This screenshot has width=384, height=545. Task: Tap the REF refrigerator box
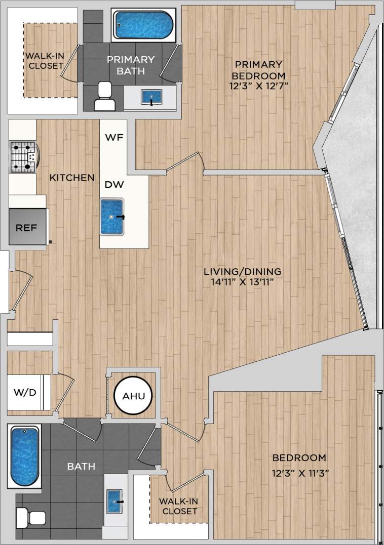coord(26,227)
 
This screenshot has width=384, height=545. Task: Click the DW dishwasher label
coord(112,185)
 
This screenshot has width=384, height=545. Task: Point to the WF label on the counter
coord(112,137)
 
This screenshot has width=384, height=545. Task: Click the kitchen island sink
coord(112,217)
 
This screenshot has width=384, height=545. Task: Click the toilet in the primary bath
coord(105,96)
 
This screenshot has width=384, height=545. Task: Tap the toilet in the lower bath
coord(31,518)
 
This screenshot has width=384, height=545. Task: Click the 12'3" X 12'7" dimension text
coord(258,87)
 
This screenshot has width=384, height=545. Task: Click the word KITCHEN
coord(72,178)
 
